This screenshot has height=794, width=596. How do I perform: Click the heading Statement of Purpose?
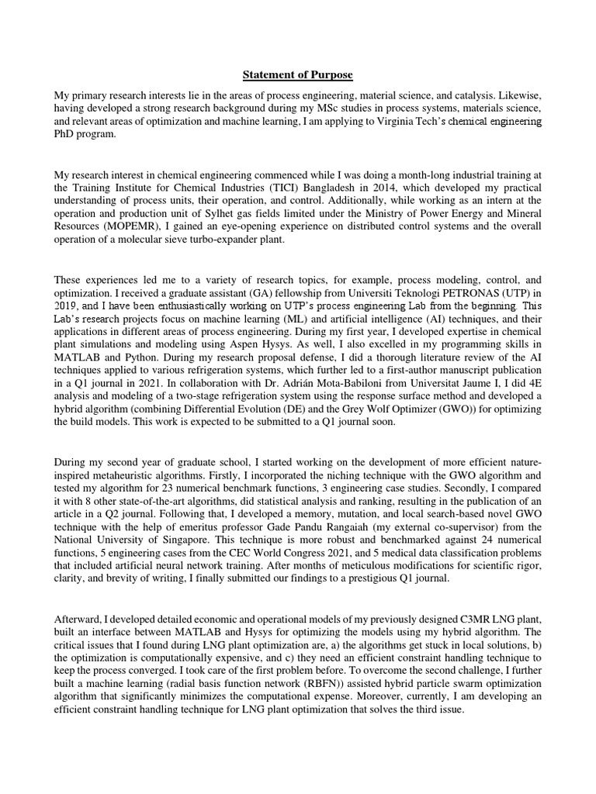coord(298,75)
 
